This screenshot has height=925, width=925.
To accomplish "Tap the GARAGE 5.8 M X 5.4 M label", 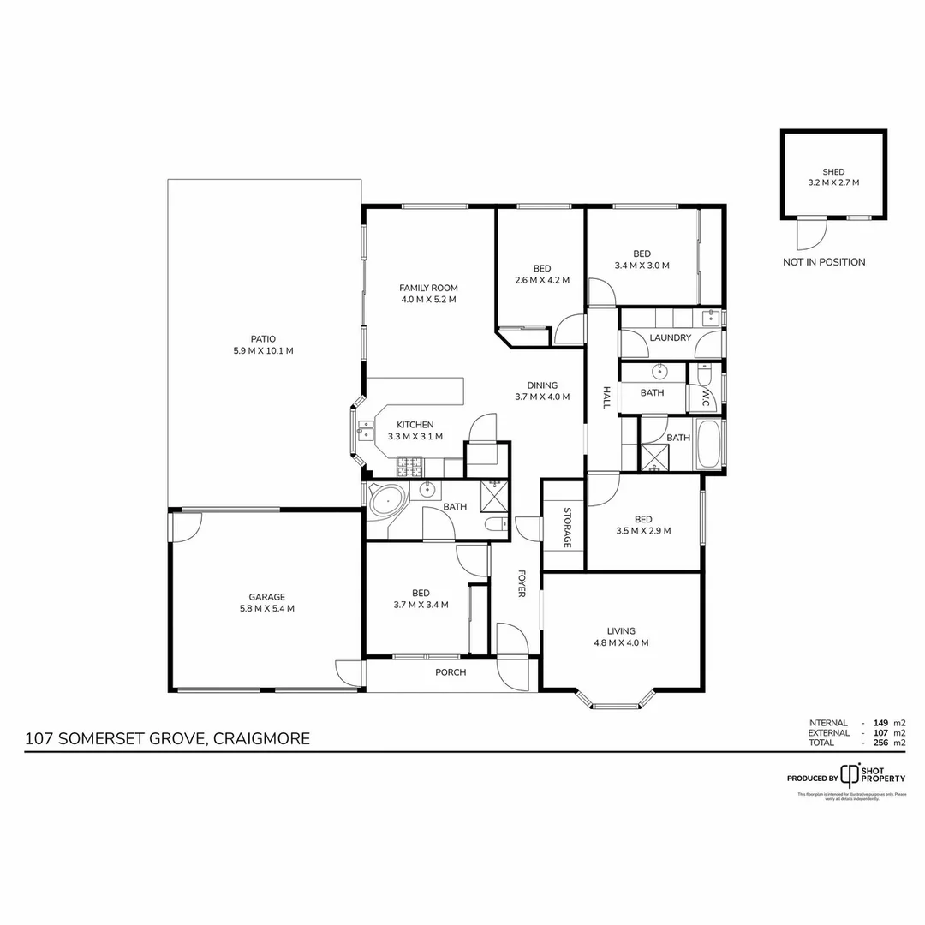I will (x=266, y=603).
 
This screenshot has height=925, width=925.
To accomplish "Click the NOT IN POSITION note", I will (x=824, y=262).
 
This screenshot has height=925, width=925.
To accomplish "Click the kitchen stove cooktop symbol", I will (x=409, y=467).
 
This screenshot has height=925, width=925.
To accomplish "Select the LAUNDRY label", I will (x=670, y=338).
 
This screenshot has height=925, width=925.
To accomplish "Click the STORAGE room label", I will (x=567, y=528).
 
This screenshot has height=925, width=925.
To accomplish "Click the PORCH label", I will (x=451, y=672).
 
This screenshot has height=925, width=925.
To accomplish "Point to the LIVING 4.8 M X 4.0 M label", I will (x=621, y=636).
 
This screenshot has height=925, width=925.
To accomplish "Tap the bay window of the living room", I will (x=617, y=705).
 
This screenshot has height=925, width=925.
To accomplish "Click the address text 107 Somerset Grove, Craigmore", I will (x=168, y=738).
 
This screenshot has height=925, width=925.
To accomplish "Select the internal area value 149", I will (x=880, y=723).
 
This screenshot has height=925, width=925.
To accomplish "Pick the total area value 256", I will (x=880, y=743).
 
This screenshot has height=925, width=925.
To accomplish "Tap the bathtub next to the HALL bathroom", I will (x=710, y=444).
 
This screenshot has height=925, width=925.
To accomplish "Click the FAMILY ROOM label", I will (x=428, y=294).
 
